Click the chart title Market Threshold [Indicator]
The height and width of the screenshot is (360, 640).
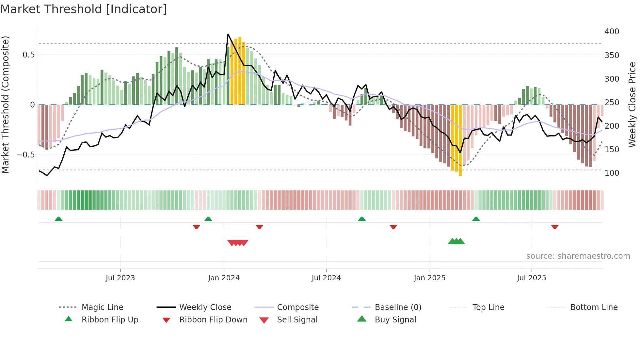(84, 9)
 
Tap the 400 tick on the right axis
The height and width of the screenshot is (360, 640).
(612, 32)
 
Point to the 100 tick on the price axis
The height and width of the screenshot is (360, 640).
(612, 173)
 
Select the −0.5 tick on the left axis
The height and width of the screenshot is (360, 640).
(25, 155)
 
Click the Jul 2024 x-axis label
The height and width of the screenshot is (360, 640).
(326, 278)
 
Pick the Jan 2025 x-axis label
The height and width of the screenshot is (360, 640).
(429, 278)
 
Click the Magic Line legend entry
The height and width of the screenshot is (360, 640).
(102, 307)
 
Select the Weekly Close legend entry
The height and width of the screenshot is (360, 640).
(205, 307)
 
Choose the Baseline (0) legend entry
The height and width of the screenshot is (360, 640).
(398, 307)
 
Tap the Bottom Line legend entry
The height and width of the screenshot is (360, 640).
(594, 307)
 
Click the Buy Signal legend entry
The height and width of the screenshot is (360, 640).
(395, 320)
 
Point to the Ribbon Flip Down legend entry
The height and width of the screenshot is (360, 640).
(213, 320)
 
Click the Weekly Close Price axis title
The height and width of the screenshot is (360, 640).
(632, 105)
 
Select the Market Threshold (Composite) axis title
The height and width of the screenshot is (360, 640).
(5, 105)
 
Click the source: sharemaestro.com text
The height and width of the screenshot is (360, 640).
(578, 256)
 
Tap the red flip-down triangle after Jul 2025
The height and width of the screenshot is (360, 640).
(554, 227)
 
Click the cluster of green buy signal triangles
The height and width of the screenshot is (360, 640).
(456, 241)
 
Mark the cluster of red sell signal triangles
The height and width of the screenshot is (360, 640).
(238, 243)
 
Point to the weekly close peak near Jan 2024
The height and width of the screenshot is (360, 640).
(228, 34)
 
